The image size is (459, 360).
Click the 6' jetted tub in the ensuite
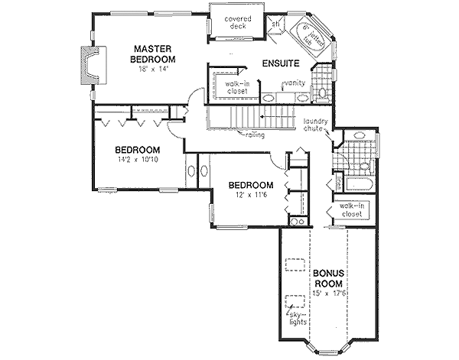313,37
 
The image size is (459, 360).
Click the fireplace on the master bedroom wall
90,64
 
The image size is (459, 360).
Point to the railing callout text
256,135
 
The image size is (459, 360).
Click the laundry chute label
315,125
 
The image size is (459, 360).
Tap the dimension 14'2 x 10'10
137,161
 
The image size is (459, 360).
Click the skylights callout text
295,318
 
